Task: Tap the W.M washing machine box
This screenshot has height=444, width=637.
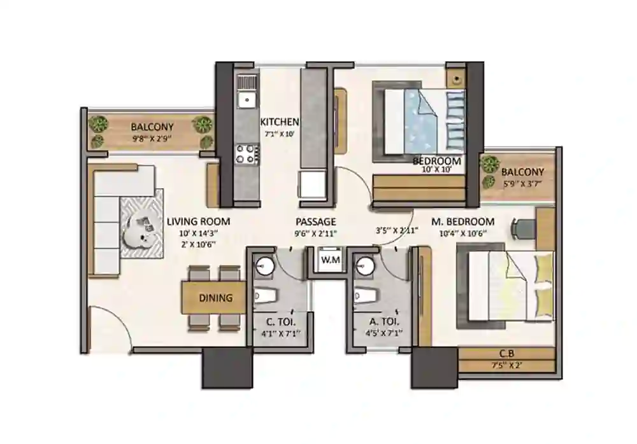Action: pos(329,260)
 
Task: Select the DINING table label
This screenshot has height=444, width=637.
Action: pos(215,298)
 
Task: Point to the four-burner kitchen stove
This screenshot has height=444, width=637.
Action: pos(247,153)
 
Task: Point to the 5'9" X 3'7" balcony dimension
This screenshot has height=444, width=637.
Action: pos(522,183)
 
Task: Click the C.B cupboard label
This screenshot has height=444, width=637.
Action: pos(507,354)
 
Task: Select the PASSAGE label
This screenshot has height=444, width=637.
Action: pos(315,221)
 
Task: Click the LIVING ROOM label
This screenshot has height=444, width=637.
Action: pos(198,221)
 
